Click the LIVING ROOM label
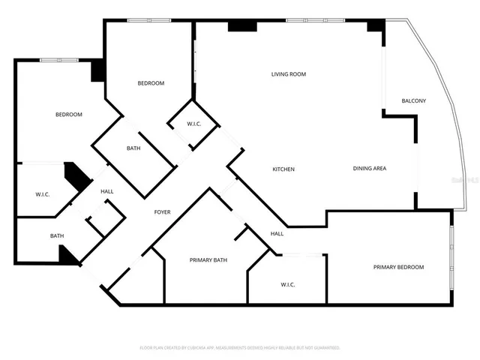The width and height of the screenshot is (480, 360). [288, 74]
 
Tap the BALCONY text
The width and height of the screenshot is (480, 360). [413, 100]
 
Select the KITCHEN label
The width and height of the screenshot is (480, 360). [283, 169]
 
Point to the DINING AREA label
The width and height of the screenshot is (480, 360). [369, 169]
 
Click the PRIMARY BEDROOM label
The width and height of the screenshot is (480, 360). [398, 267]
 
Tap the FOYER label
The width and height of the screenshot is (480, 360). [162, 212]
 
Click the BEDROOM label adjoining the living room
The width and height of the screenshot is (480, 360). [151, 83]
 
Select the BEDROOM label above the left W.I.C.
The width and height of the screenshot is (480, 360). [68, 115]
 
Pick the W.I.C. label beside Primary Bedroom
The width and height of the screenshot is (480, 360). [288, 284]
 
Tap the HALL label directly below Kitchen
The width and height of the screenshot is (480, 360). [277, 234]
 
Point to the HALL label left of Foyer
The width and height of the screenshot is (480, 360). [107, 192]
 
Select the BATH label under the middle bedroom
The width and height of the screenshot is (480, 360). [133, 148]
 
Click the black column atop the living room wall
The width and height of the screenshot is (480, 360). [241, 26]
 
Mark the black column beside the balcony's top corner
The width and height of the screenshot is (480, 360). [375, 25]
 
